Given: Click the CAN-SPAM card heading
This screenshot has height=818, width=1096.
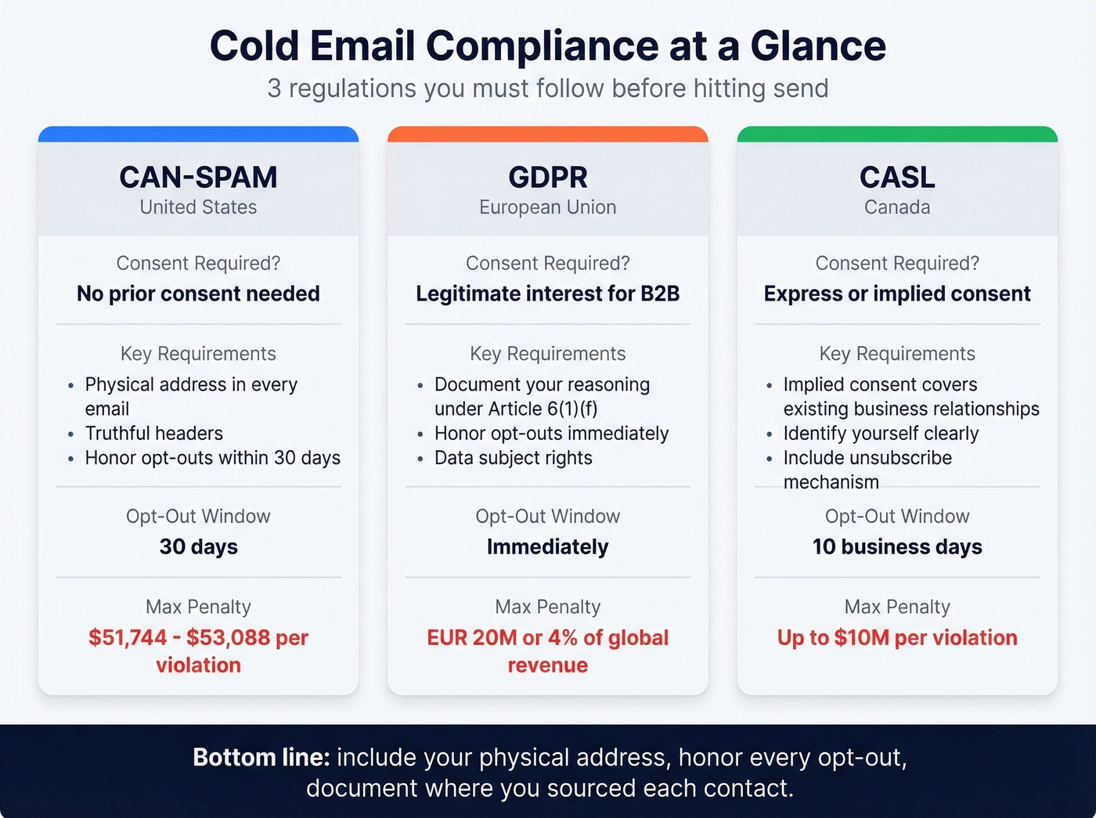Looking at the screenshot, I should tap(198, 178).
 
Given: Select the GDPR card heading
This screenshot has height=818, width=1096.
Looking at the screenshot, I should tap(548, 178).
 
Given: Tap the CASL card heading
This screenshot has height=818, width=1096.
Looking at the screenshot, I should tap(897, 178).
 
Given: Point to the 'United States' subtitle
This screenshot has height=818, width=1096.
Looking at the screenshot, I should tap(198, 207).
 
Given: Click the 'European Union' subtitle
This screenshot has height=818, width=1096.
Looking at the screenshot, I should tap(548, 207).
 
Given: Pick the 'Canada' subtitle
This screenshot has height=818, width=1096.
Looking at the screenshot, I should tap(897, 207).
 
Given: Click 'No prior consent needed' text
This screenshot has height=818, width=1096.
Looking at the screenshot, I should tap(198, 294).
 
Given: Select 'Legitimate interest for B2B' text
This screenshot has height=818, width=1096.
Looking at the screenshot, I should tap(548, 294).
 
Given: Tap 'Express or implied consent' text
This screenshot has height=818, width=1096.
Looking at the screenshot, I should tap(897, 294).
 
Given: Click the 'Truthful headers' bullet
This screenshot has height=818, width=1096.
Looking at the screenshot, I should tap(154, 434).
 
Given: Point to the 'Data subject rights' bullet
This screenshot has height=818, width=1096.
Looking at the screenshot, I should tap(514, 458).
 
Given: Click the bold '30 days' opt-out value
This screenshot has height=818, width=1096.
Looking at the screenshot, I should tap(198, 546).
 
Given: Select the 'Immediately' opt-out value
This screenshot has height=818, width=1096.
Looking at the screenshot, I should tap(548, 546).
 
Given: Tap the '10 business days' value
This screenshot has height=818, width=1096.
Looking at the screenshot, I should tap(897, 546).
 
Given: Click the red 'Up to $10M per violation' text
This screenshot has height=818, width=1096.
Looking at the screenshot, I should tap(897, 638).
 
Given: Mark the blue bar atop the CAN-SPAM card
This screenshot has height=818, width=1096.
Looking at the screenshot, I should tap(198, 134).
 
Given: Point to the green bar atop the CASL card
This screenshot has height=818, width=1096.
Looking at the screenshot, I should tap(897, 134).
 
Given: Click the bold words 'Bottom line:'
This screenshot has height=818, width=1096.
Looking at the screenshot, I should tap(261, 758).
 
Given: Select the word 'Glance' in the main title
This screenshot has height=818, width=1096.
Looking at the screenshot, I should tap(818, 45).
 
